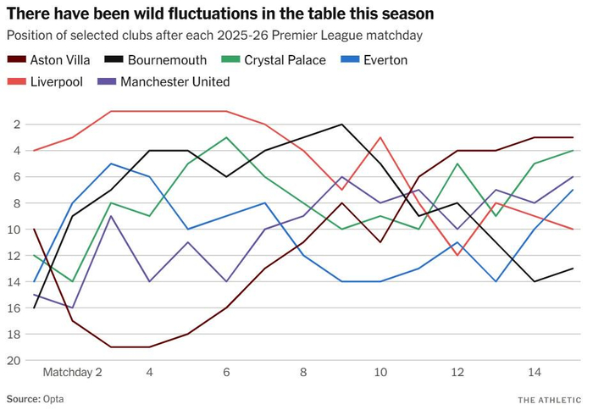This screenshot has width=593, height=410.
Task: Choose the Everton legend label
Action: [381, 60]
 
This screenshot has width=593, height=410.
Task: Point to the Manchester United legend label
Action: [175, 81]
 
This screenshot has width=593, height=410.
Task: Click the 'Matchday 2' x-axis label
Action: [72, 372]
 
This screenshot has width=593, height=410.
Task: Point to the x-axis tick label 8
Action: [303, 372]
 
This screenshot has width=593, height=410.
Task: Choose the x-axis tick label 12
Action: [457, 372]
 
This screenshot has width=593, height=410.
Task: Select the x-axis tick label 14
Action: [535, 372]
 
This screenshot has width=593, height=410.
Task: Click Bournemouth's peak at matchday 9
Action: [342, 125]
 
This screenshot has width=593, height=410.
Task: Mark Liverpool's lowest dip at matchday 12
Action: [457, 255]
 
